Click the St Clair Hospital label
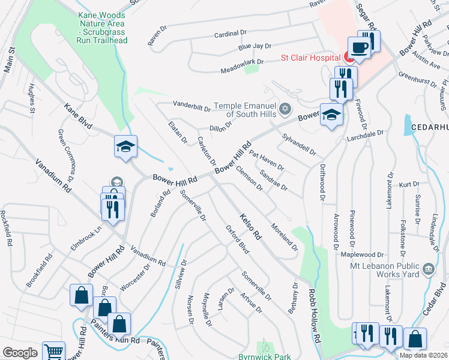tap(312, 58)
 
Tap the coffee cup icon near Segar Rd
tap(359, 47)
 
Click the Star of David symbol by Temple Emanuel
tap(286, 109)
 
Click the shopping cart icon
tap(54, 352)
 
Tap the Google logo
tap(20, 353)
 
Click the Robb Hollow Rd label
tap(314, 316)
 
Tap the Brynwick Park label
tap(265, 356)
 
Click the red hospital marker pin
tap(349, 56)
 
